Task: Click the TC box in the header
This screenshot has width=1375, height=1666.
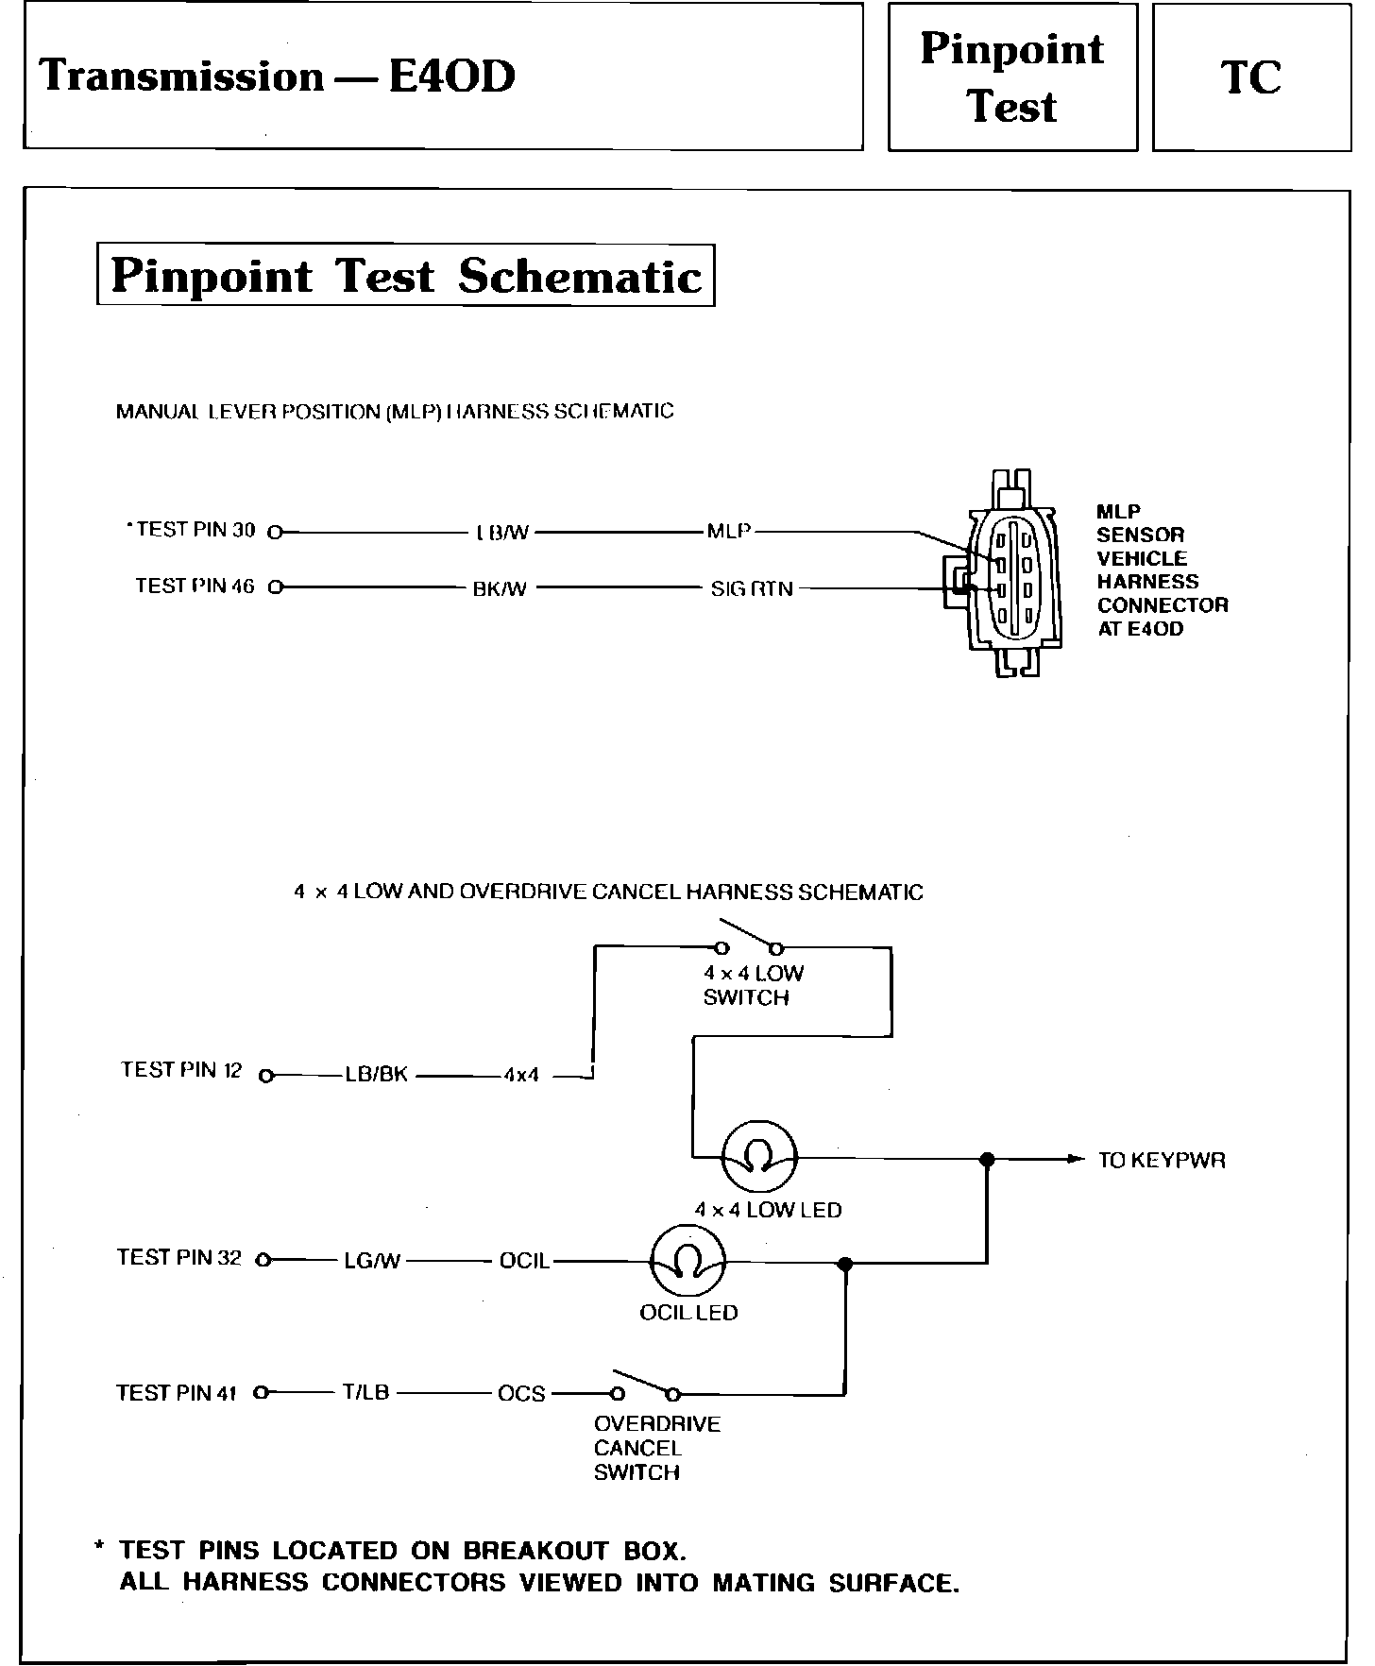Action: (x=1251, y=77)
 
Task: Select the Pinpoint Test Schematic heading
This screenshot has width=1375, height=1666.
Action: (x=405, y=276)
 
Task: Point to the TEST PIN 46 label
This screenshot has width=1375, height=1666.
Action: (x=195, y=586)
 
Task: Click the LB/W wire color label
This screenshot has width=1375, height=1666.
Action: (x=501, y=533)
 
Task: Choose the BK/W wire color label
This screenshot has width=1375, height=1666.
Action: (x=500, y=589)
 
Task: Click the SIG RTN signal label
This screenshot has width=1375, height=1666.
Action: (x=752, y=589)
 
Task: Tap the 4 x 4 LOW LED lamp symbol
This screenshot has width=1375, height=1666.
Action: (x=759, y=1157)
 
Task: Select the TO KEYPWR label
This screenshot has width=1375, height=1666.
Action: (x=1161, y=1161)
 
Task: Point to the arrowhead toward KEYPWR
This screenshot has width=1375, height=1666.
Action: (x=1075, y=1159)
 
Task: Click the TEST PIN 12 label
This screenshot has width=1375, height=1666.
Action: (x=181, y=1070)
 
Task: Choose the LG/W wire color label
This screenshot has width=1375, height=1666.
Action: (x=372, y=1261)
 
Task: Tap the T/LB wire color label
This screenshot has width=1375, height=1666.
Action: (x=365, y=1392)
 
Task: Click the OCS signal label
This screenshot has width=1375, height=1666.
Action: (x=521, y=1394)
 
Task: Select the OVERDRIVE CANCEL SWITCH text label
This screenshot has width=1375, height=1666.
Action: (x=656, y=1448)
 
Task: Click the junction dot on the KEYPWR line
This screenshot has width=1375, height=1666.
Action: (x=987, y=1159)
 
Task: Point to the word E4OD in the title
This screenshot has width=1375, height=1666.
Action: (x=451, y=76)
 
